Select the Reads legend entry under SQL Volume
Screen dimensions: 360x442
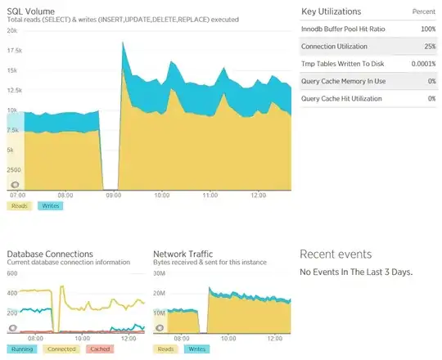[x=20, y=205]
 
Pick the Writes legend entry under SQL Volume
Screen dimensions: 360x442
[x=50, y=205]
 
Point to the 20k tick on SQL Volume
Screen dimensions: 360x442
[x=11, y=30]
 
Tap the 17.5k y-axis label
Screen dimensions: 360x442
[x=14, y=50]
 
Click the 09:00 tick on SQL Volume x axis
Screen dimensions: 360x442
[x=114, y=196]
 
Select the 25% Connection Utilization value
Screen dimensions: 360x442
[x=426, y=47]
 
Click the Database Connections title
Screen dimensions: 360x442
[x=50, y=254]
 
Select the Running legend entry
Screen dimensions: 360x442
[x=23, y=349]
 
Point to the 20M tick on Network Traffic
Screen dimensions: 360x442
[x=160, y=293]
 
